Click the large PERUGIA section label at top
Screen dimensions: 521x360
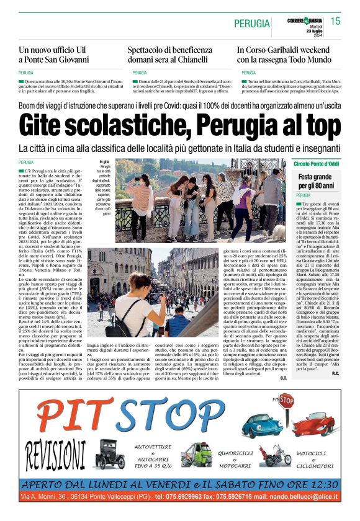252,24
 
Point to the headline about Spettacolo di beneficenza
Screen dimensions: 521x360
170,55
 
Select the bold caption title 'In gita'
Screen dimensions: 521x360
105,162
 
